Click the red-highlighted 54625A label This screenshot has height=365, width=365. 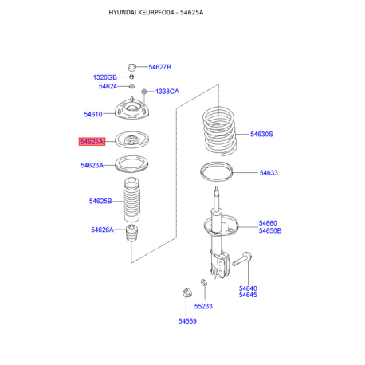coord(92,142)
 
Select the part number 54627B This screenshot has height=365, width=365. coord(159,67)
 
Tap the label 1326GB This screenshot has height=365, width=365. coord(105,77)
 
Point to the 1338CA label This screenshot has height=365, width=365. coord(167,92)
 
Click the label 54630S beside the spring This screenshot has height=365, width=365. coord(261,134)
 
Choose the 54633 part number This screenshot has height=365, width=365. coord(269,173)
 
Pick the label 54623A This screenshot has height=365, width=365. coord(92,165)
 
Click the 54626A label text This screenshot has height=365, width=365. coord(102,230)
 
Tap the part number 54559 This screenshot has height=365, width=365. coord(187,321)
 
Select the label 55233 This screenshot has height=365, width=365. coord(203,306)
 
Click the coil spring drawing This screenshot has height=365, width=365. coord(219,131)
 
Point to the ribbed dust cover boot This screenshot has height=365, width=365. coord(131,199)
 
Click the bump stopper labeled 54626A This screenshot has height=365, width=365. coord(131,234)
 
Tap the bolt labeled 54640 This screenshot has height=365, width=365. coord(242,259)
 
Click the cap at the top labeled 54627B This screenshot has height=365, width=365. coord(131,67)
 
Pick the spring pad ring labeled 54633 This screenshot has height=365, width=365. coord(216,172)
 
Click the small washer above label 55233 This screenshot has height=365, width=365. coord(204,282)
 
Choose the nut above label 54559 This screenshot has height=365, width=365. coord(187,292)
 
